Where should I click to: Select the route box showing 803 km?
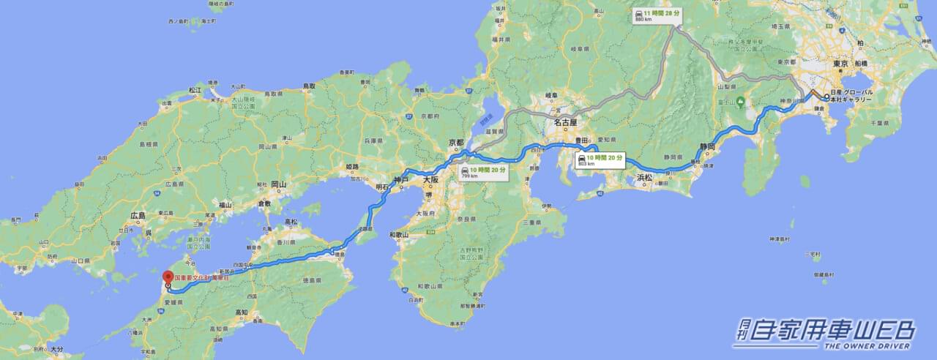coord(600,160)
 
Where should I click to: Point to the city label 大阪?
coord(430,178)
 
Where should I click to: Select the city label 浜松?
coord(645,177)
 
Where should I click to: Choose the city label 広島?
coord(138,215)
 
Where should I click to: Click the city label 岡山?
coord(278,185)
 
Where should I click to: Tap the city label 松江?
coord(194,90)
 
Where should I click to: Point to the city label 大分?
coord(56,350)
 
